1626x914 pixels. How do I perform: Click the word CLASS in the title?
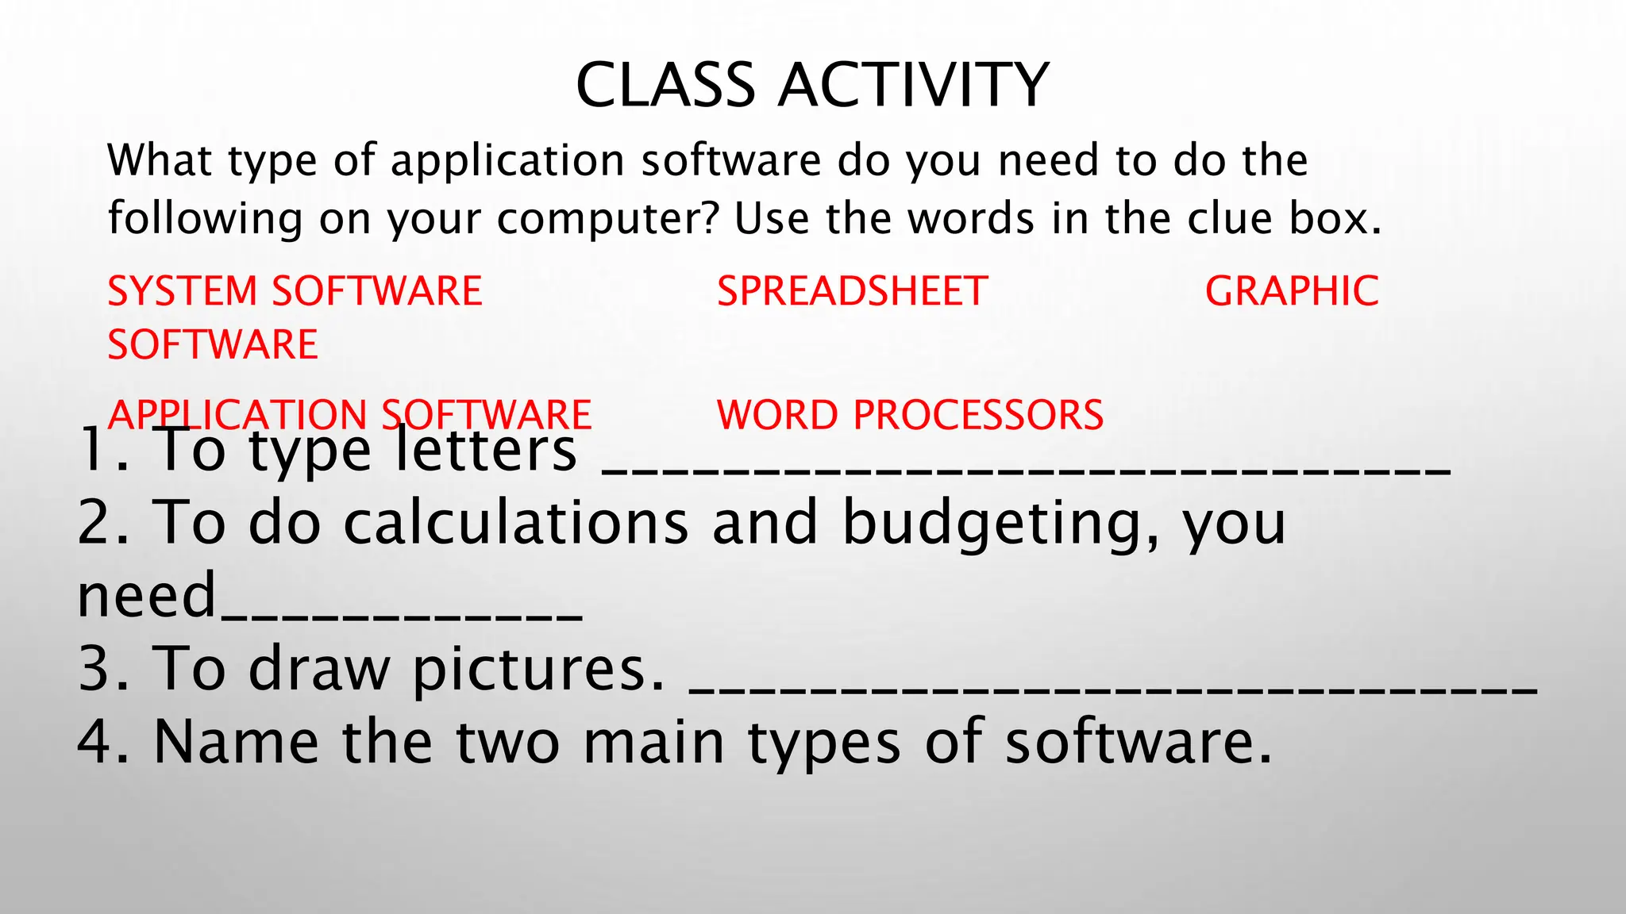click(665, 85)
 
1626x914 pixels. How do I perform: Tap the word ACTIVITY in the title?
click(914, 85)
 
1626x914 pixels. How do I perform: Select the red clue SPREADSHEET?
click(852, 291)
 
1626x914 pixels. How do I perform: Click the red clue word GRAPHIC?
click(1292, 291)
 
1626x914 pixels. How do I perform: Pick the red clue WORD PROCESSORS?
click(910, 415)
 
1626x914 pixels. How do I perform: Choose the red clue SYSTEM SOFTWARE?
click(295, 291)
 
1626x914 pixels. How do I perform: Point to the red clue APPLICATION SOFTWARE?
click(349, 415)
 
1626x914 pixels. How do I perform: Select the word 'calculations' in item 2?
click(516, 523)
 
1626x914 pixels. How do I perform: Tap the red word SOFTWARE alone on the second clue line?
click(213, 345)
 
